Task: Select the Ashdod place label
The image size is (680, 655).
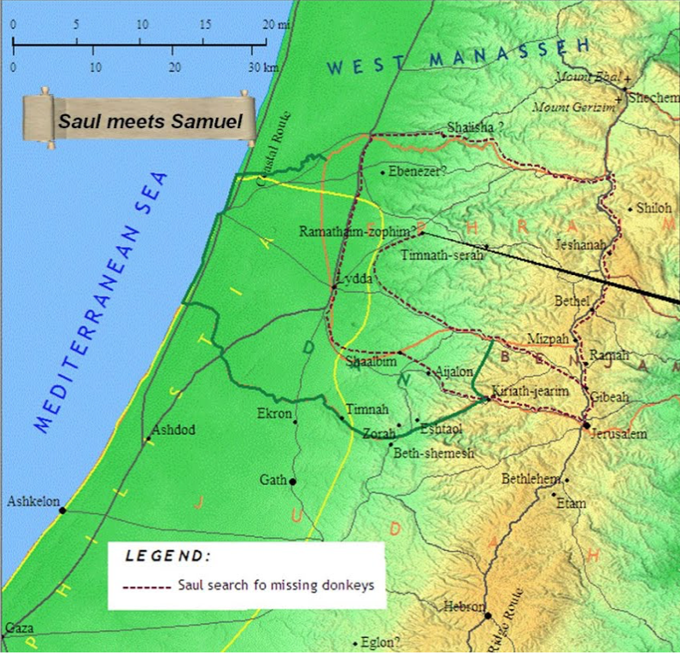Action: point(173,430)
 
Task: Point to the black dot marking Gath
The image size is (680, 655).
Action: point(293,482)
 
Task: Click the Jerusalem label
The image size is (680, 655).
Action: point(618,435)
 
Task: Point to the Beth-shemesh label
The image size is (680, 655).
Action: point(433,453)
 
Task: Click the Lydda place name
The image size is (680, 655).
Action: point(354,279)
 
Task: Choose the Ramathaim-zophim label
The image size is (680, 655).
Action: point(356,231)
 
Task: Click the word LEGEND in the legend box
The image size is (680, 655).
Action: point(167,556)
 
